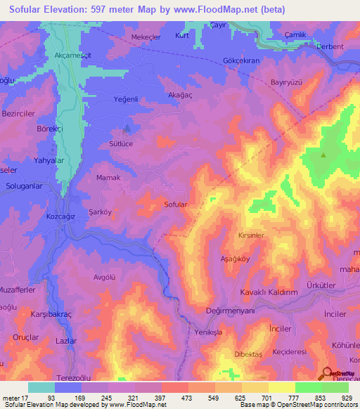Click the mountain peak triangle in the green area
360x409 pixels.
[x=323, y=155]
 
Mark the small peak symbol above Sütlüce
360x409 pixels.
[x=127, y=129]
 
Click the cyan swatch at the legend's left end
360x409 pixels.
[x=41, y=387]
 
